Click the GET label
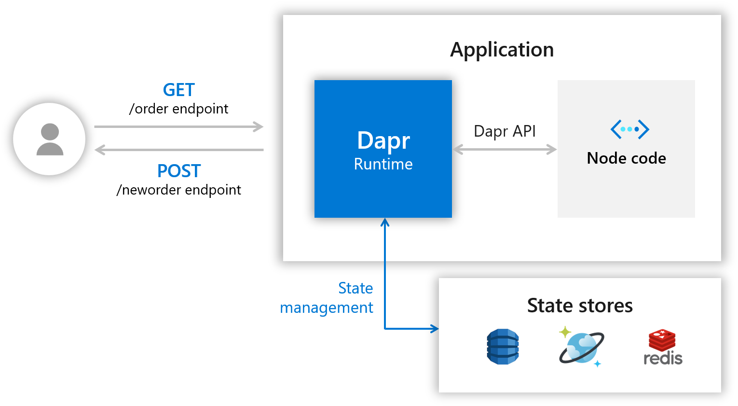pyautogui.click(x=178, y=90)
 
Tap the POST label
pyautogui.click(x=179, y=171)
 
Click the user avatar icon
pyautogui.click(x=50, y=139)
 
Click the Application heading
pyautogui.click(x=502, y=50)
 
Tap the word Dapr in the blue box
pyautogui.click(x=383, y=140)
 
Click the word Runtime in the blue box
pyautogui.click(x=383, y=164)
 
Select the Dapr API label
pyautogui.click(x=505, y=131)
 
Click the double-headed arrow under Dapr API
pyautogui.click(x=505, y=149)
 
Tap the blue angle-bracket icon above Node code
pyautogui.click(x=629, y=129)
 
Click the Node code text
pyautogui.click(x=626, y=158)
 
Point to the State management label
pyautogui.click(x=327, y=298)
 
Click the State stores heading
pyautogui.click(x=580, y=306)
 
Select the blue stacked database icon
pyautogui.click(x=503, y=347)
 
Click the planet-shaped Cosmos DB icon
pyautogui.click(x=581, y=347)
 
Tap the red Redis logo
pyautogui.click(x=662, y=340)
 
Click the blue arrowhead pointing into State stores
pyautogui.click(x=434, y=329)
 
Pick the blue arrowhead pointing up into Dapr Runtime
pyautogui.click(x=385, y=223)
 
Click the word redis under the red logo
pyautogui.click(x=663, y=358)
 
